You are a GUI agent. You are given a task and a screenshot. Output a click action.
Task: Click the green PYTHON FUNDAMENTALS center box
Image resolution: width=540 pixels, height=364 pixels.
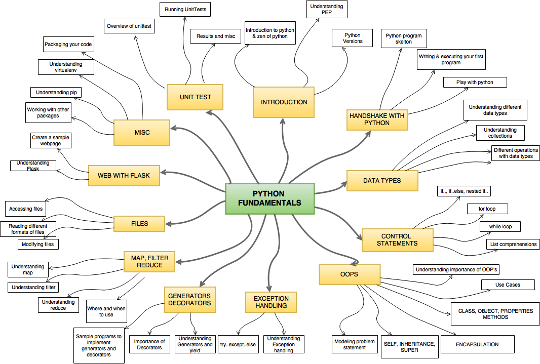(x=270, y=198)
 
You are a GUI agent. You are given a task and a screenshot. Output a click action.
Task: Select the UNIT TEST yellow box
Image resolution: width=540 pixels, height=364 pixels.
(x=195, y=97)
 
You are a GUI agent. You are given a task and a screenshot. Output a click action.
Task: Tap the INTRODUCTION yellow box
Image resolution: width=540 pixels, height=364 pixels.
(x=284, y=102)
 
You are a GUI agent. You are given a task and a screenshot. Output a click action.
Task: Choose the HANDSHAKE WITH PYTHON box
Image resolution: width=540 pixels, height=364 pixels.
(x=377, y=119)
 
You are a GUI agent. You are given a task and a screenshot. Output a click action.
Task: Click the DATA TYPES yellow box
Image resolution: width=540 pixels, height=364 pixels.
(x=382, y=181)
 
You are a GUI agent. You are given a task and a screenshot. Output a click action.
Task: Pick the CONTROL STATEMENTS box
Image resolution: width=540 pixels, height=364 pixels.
(x=397, y=240)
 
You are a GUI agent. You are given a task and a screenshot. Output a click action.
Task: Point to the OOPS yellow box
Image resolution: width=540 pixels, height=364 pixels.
(x=349, y=274)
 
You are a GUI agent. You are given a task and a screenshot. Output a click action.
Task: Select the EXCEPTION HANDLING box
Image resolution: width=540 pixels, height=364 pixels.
(x=271, y=302)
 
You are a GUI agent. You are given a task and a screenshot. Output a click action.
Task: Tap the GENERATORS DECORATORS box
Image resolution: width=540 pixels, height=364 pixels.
(x=189, y=300)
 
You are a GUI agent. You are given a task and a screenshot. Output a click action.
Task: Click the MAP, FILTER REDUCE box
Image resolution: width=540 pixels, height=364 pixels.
(x=149, y=262)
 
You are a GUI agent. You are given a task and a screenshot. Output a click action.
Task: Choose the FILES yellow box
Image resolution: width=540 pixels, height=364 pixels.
(x=139, y=223)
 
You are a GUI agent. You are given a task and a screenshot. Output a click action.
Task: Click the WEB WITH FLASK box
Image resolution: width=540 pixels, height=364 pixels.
(x=124, y=176)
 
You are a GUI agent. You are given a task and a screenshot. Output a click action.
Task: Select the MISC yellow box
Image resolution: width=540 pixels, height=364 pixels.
(x=142, y=133)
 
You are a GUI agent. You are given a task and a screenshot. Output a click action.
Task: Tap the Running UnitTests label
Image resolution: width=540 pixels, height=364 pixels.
(x=185, y=10)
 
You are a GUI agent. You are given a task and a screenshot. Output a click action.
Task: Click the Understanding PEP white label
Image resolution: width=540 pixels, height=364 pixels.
(x=327, y=10)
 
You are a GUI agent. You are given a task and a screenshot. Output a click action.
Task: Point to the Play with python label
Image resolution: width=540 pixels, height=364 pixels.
(x=475, y=82)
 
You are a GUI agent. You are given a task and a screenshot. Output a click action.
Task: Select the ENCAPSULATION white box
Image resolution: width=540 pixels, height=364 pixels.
(x=477, y=344)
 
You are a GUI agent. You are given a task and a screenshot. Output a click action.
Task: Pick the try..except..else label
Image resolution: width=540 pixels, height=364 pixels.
(x=238, y=345)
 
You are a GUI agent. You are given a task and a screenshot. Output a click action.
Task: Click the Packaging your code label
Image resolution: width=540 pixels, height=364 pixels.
(x=68, y=45)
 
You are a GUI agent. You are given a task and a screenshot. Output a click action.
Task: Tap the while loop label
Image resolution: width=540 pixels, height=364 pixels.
(x=500, y=226)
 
